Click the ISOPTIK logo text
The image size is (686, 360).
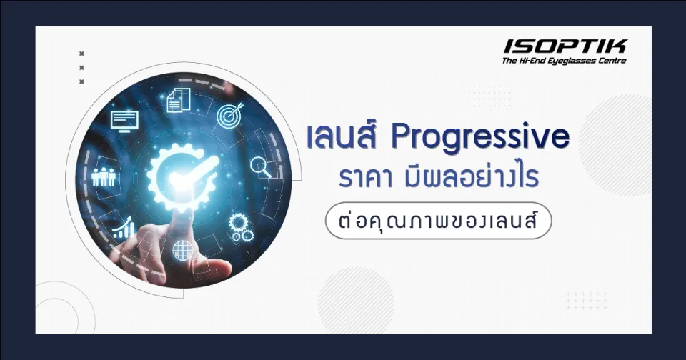[x=565, y=47]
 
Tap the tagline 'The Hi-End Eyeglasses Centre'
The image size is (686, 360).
[x=565, y=61]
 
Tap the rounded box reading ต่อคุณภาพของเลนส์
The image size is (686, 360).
[x=439, y=221]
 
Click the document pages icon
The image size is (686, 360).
[x=176, y=100]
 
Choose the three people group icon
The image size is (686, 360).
[x=105, y=176]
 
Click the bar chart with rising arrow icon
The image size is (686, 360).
[x=123, y=228]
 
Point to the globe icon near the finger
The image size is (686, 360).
[x=182, y=250]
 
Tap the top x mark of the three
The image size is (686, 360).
[x=81, y=54]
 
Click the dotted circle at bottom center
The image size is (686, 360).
[x=346, y=301]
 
